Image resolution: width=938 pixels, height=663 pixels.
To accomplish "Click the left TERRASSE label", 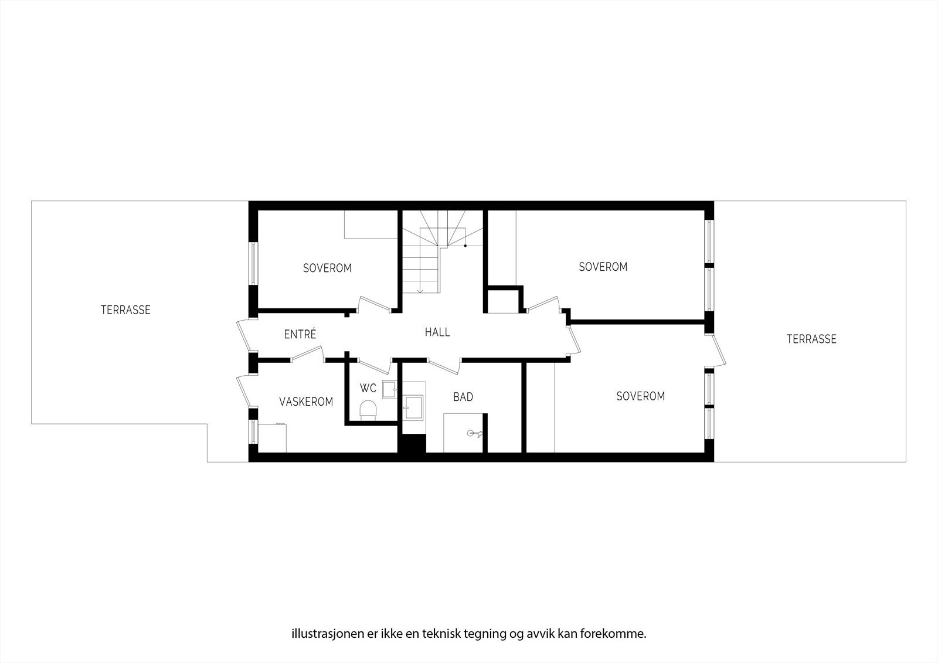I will click(125, 310).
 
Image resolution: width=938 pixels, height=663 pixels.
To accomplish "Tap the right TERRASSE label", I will click(811, 339).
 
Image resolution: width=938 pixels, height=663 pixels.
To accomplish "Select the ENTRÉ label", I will click(300, 334).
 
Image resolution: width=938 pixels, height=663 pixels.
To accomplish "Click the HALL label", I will click(437, 332).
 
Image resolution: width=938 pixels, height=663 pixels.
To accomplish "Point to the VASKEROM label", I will click(306, 402).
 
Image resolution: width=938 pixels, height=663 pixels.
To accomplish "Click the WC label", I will click(368, 388).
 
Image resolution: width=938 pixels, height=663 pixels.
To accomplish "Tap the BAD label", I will click(463, 397).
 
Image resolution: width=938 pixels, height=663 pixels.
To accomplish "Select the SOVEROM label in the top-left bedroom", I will click(327, 268).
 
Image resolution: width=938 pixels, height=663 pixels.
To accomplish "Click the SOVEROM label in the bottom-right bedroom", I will click(641, 396).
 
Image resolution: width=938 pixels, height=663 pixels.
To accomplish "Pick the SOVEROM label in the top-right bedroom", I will click(603, 267).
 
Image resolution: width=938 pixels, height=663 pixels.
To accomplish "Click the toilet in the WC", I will click(368, 410).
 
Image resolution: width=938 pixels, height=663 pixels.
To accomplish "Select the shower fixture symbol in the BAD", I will click(473, 434).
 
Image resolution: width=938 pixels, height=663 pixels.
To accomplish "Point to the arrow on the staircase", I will click(420, 290).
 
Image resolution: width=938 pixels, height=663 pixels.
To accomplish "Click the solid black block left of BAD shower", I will click(412, 443).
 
